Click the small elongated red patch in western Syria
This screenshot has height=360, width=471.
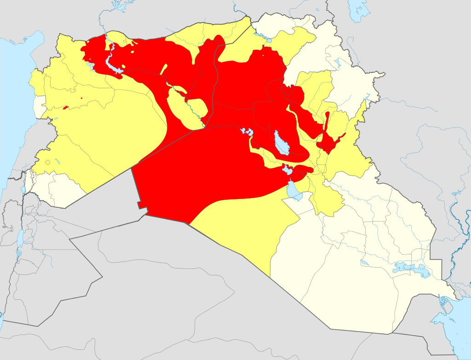coord(65,108)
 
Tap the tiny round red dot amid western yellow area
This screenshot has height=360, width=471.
coord(81,98)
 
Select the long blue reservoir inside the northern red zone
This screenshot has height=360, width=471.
coord(112,64)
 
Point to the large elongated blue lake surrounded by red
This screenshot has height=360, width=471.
coord(281,143)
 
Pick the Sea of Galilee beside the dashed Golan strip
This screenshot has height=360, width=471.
coord(23,189)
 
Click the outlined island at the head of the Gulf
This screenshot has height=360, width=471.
coord(444,303)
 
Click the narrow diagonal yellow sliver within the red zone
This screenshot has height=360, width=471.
coord(163,69)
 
